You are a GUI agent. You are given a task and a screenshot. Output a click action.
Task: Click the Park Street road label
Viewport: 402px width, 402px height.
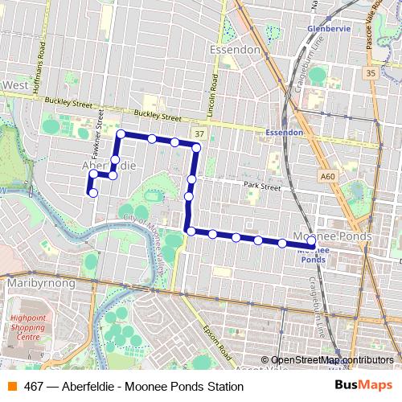[x=263, y=187]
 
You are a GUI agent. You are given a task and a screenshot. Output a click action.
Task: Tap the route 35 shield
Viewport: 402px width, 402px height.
[x=369, y=73]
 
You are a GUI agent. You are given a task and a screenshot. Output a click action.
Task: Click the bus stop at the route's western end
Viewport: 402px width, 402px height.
[x=93, y=193]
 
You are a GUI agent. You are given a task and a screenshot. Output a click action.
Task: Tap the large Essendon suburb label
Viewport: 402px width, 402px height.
[x=234, y=50]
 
